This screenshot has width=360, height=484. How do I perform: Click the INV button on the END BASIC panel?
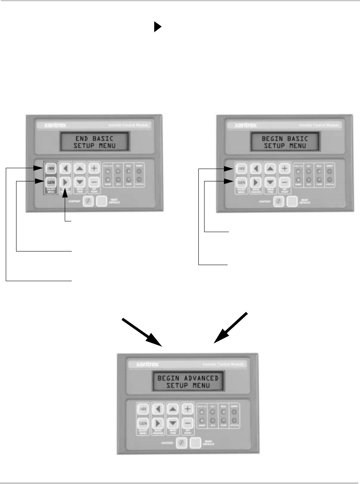coord(51,168)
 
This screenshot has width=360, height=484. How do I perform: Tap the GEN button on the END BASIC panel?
coord(51,181)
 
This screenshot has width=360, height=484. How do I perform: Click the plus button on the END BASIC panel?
coord(94,168)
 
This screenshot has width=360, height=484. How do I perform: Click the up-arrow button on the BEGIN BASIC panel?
coord(270,169)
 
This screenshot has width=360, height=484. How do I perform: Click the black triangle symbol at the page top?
coord(157,27)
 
